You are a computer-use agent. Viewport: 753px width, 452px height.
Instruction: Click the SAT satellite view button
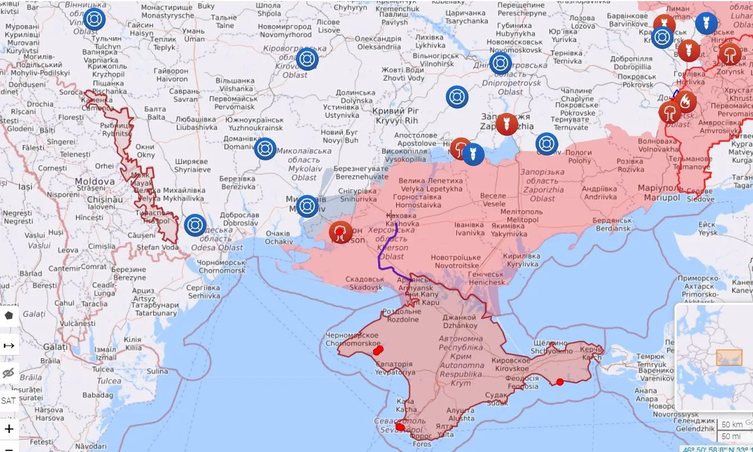click(x=8, y=400)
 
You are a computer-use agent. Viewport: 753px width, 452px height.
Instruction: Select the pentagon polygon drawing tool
click(x=8, y=316)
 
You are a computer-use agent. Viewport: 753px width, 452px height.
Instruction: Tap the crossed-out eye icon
click(x=8, y=373)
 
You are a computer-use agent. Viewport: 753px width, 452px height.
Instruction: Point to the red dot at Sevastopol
click(x=399, y=427)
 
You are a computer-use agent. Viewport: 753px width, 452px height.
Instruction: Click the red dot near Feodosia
click(x=560, y=382)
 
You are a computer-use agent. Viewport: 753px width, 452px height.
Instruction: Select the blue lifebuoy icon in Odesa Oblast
click(x=195, y=225)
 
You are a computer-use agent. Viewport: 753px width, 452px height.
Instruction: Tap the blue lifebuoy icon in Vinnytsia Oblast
click(x=94, y=19)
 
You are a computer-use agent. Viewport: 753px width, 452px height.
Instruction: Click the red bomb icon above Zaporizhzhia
click(x=506, y=124)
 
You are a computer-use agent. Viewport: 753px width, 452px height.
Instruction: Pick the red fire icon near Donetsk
click(x=685, y=102)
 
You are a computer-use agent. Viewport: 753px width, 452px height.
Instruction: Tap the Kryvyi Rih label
click(x=396, y=116)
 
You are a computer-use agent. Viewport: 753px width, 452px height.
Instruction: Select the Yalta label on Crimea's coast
click(x=445, y=431)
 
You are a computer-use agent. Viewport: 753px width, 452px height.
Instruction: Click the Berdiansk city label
click(x=611, y=224)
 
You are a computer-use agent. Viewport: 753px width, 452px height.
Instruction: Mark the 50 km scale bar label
click(x=732, y=424)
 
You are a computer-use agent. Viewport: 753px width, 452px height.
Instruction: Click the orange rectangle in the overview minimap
click(x=729, y=357)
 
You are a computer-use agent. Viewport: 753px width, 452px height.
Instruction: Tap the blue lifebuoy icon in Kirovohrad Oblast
click(x=307, y=59)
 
